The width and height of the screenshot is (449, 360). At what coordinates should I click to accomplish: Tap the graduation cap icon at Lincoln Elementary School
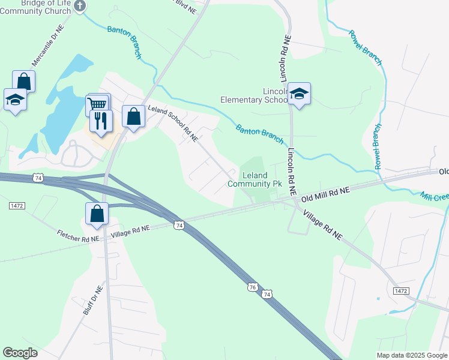pyautogui.click(x=299, y=94)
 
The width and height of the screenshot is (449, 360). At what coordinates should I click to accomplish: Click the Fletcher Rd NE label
pyautogui.click(x=78, y=235)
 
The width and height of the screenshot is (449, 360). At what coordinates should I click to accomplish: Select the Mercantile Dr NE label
pyautogui.click(x=47, y=46)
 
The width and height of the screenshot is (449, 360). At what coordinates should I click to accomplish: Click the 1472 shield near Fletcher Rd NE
pyautogui.click(x=17, y=205)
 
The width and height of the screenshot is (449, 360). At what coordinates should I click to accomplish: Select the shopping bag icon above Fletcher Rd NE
pyautogui.click(x=97, y=214)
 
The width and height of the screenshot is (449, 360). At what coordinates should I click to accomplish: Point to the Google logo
pyautogui.click(x=20, y=353)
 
